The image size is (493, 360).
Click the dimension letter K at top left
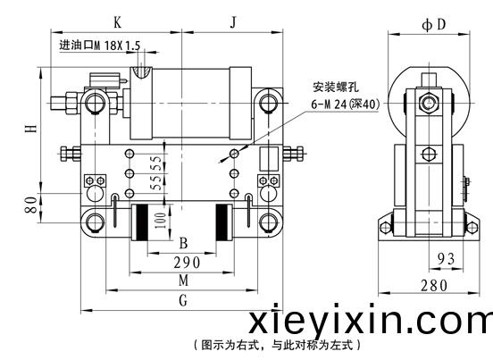click(117, 22)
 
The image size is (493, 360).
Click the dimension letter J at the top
click(233, 22)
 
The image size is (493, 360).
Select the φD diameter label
click(434, 24)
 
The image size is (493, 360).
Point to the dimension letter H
click(31, 129)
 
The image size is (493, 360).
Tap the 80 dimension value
click(31, 205)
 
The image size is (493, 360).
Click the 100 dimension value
click(161, 221)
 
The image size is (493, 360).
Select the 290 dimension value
click(187, 263)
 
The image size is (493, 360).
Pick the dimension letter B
click(184, 243)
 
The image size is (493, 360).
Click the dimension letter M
click(184, 280)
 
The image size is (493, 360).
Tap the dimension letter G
click(183, 300)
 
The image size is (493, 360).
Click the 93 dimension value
click(447, 259)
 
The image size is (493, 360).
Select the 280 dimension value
click(434, 286)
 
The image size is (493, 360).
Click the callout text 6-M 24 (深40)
click(346, 104)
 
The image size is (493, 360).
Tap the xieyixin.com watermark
click(371, 320)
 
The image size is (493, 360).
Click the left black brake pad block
click(142, 222)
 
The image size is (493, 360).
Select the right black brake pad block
click(221, 222)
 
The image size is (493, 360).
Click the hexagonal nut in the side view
click(428, 103)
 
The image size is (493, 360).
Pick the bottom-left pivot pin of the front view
click(94, 222)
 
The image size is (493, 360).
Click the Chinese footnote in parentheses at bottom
click(277, 346)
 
